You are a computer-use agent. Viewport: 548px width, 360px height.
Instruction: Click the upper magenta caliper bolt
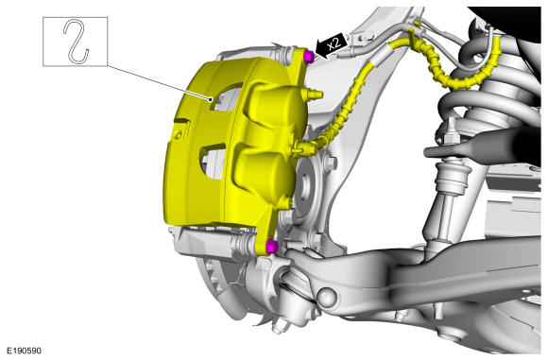[x=308, y=57]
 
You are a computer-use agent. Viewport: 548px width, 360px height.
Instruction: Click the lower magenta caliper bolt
[x=271, y=247]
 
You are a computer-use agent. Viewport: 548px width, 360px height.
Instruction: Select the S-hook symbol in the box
[x=77, y=42]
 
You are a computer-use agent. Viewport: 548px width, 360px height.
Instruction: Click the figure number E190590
[x=25, y=351]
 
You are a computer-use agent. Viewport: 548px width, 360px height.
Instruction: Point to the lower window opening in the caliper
[x=213, y=161]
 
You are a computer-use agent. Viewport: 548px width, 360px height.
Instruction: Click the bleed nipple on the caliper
[x=315, y=94]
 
